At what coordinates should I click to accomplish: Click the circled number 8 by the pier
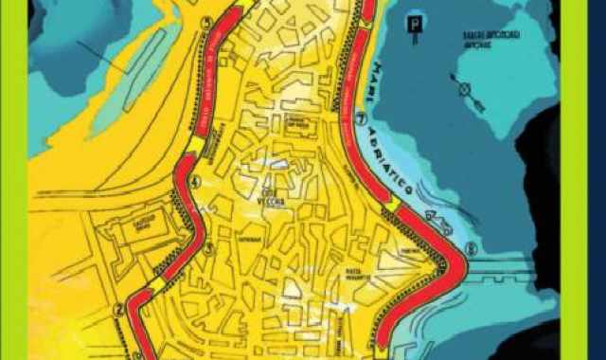[x=471, y=248]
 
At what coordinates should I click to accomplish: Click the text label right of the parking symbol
[x=485, y=35]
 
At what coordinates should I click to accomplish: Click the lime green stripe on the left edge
[x=14, y=180]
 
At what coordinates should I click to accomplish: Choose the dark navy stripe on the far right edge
[x=597, y=180]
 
